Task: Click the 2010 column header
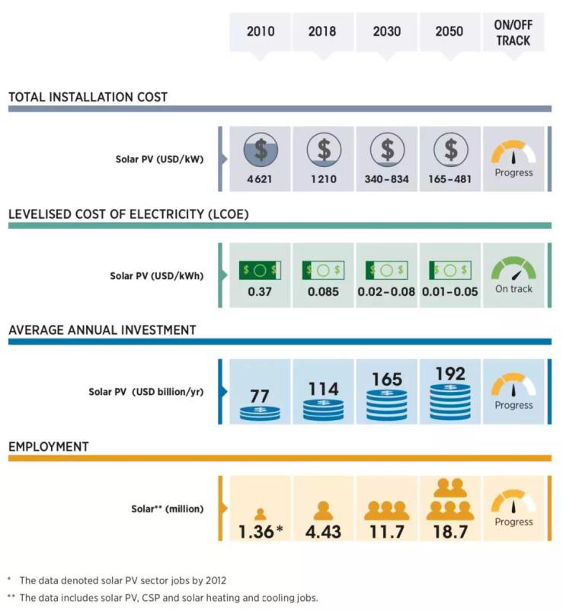click(261, 32)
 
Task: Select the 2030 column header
click(387, 32)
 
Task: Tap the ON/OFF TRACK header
click(513, 32)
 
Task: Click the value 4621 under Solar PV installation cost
click(261, 179)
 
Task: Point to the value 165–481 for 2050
click(450, 179)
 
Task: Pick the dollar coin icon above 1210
click(324, 149)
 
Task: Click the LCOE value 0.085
click(324, 290)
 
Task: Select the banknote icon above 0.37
click(261, 270)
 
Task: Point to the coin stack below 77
click(261, 413)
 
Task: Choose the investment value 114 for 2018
click(324, 389)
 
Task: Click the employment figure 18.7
click(450, 531)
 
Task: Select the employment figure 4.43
click(324, 531)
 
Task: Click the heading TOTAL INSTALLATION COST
click(88, 97)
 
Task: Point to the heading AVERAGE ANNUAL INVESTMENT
click(102, 330)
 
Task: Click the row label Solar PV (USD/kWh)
click(155, 275)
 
